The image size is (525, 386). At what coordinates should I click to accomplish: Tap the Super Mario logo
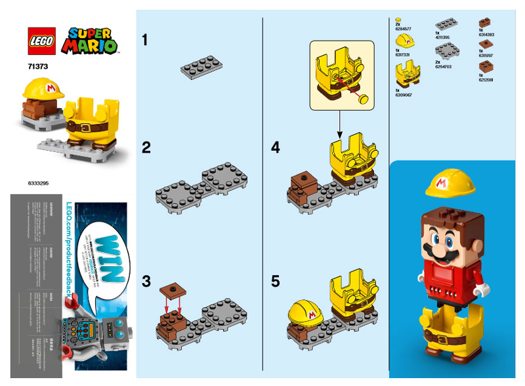[x=89, y=40]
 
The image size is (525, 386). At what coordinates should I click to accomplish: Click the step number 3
[x=146, y=282]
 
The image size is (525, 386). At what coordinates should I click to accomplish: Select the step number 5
[x=276, y=281]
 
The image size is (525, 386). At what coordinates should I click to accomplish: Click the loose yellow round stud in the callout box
[x=362, y=99]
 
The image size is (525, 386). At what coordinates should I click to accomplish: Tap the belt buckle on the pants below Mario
[x=450, y=340]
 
